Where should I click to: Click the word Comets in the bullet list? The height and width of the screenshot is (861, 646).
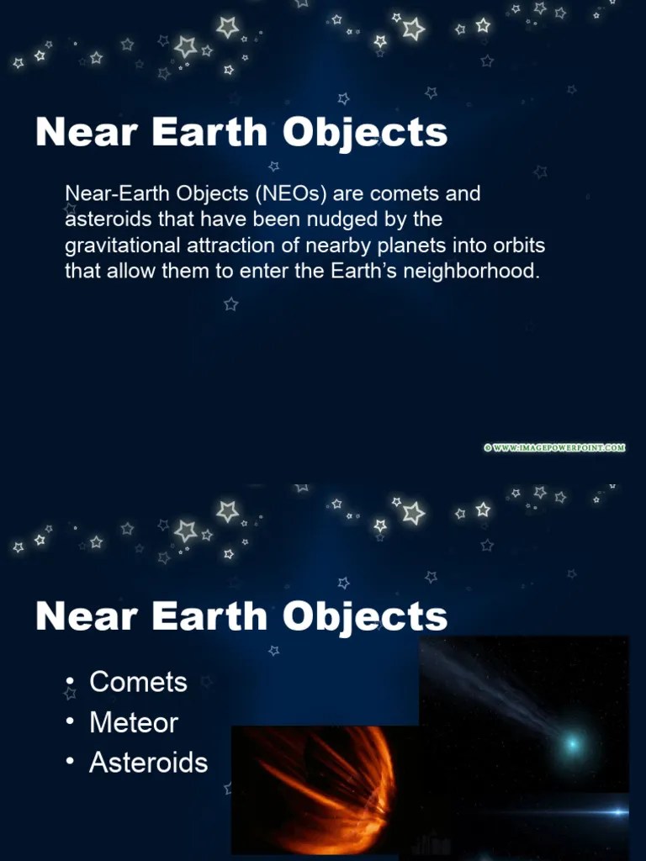(138, 682)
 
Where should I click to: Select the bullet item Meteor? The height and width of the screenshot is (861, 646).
(133, 722)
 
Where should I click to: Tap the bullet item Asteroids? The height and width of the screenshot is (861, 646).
(148, 763)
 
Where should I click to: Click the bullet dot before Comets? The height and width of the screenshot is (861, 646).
(72, 682)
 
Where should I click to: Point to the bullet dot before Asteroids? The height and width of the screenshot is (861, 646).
(72, 763)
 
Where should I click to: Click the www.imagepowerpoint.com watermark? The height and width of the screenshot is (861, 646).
(554, 448)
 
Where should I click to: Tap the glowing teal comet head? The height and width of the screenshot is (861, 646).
(572, 743)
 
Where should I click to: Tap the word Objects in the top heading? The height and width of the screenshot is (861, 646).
(365, 134)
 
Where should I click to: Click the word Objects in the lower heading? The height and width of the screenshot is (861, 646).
(365, 616)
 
